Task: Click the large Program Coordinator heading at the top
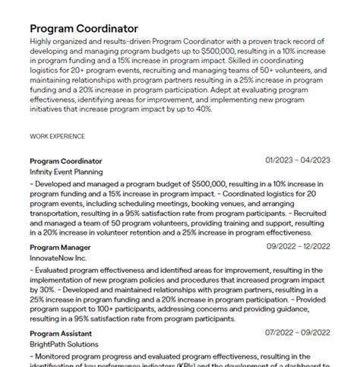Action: [x=84, y=28]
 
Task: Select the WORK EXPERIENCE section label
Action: [x=57, y=136]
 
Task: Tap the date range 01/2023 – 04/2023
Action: [x=298, y=160]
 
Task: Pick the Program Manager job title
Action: [x=60, y=247]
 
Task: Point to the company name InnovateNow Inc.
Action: [x=58, y=258]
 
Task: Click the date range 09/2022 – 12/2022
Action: [x=298, y=247]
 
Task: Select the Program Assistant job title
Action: [x=61, y=334]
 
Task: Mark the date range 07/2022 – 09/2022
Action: [x=298, y=333]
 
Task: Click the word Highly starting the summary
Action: [x=42, y=41]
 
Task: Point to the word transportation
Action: [x=57, y=215]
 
